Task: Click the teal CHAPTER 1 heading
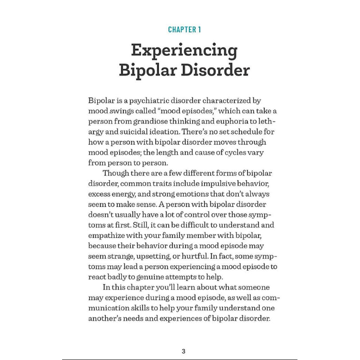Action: [184, 30]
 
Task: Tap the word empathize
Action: [108, 236]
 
